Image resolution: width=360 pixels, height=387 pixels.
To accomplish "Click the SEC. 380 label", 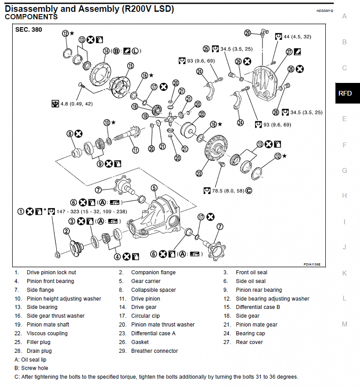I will click(29, 30).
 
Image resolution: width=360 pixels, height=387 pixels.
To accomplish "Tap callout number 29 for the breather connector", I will click(248, 32).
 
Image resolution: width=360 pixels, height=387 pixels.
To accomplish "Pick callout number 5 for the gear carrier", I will click(154, 188).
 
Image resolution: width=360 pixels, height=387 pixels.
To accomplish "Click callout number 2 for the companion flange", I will click(67, 231).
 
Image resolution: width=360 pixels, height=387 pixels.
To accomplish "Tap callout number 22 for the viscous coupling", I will click(202, 114).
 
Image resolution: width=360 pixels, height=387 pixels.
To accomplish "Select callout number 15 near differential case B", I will click(130, 66).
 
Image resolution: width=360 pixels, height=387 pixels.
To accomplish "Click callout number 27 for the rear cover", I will click(289, 52).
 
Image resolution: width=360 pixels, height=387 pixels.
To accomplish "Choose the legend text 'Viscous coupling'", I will click(47, 334).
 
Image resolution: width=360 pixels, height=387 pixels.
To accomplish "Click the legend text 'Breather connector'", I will click(154, 351).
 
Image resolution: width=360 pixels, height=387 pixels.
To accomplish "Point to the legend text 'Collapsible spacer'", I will click(153, 290).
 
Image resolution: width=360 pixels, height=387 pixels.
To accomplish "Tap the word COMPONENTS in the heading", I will click(31, 17).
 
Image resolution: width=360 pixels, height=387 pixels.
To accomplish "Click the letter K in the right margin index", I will click(345, 273).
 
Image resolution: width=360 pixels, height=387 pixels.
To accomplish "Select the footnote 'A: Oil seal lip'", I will click(30, 360).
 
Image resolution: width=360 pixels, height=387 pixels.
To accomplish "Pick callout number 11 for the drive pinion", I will click(135, 150).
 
